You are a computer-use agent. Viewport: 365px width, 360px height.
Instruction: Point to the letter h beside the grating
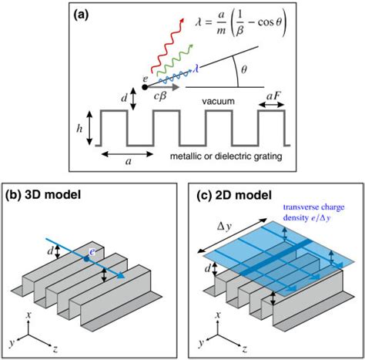pyautogui.click(x=79, y=127)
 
